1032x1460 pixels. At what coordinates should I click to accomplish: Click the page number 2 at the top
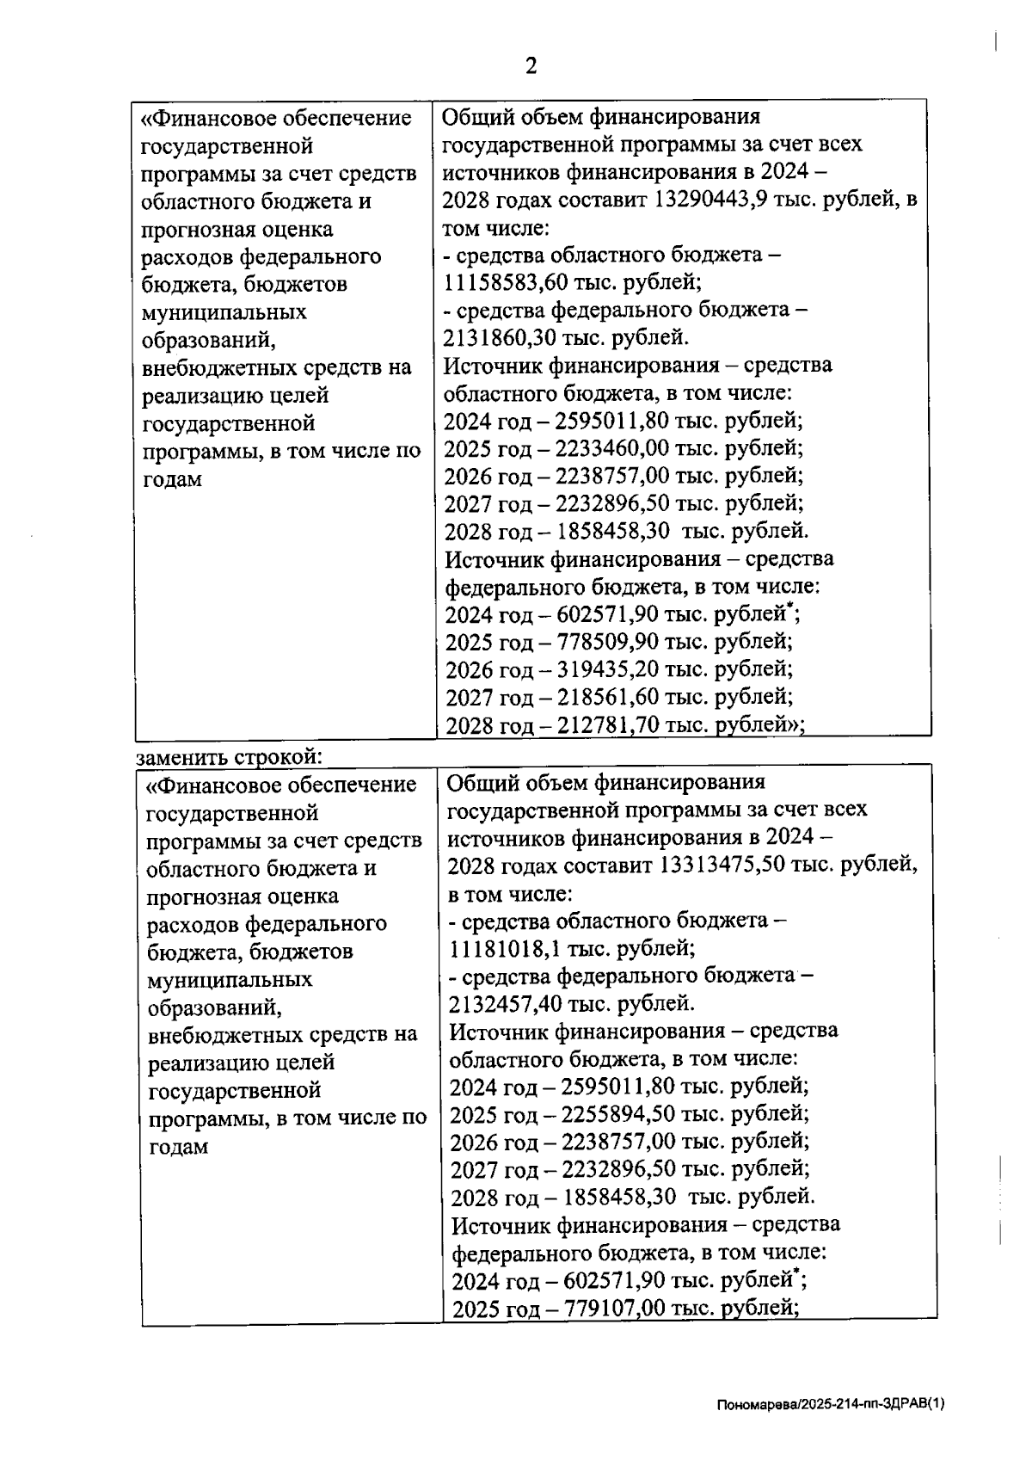pyautogui.click(x=531, y=66)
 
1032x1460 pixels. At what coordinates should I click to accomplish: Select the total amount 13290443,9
pyautogui.click(x=711, y=200)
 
